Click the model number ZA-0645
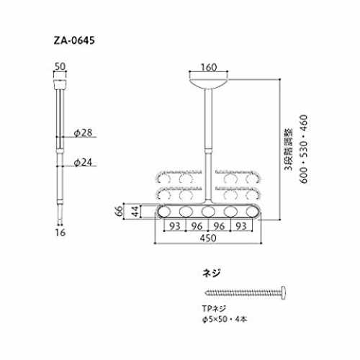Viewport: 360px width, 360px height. click(x=74, y=40)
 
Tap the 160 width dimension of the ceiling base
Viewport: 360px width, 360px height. click(x=209, y=68)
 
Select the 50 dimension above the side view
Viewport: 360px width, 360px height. click(x=60, y=66)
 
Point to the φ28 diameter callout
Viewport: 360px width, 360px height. click(x=83, y=132)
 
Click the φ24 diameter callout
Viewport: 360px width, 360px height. click(x=83, y=163)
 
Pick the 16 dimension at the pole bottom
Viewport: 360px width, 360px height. click(x=60, y=233)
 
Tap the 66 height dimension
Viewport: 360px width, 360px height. click(x=119, y=211)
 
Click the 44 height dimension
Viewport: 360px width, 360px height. click(x=135, y=211)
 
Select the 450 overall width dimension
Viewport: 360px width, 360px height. click(x=208, y=238)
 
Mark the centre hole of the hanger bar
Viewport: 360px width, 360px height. click(x=208, y=212)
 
